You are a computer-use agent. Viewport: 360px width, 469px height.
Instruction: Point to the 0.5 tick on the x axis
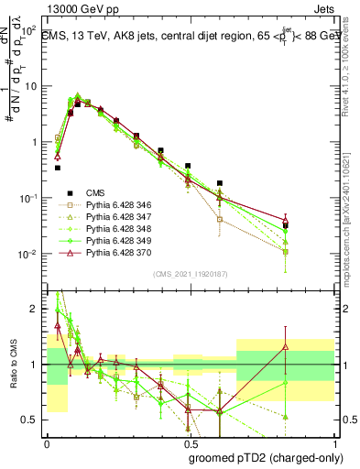tap(190, 442)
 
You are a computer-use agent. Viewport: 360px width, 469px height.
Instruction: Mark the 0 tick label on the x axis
tap(47, 442)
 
